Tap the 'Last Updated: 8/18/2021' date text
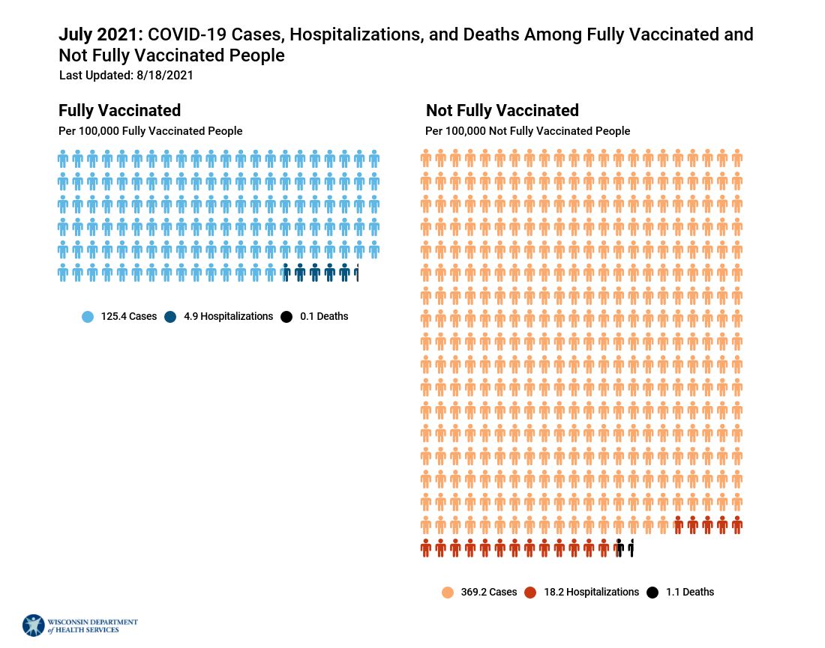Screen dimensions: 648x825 point(126,75)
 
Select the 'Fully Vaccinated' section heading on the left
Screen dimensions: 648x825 point(119,110)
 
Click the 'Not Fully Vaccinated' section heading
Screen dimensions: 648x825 point(502,110)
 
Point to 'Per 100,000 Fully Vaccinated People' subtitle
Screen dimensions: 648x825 point(150,131)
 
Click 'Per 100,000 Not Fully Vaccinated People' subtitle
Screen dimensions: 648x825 point(527,131)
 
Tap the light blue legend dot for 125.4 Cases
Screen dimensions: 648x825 point(88,317)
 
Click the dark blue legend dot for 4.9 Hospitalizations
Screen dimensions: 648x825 point(170,317)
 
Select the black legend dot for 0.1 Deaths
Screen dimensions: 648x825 point(286,317)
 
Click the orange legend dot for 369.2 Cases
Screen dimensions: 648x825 point(448,593)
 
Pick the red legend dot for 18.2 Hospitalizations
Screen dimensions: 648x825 point(530,593)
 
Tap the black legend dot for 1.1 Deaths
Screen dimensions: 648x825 point(652,593)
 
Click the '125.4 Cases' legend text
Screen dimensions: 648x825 point(129,317)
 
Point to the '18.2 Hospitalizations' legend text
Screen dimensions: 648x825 point(591,593)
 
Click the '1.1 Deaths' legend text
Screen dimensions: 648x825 point(690,593)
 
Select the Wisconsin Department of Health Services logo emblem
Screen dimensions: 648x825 point(34,626)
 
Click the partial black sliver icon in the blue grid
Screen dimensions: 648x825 point(357,273)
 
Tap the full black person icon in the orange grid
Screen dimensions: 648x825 point(619,548)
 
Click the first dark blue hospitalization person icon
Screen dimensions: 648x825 point(285,273)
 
